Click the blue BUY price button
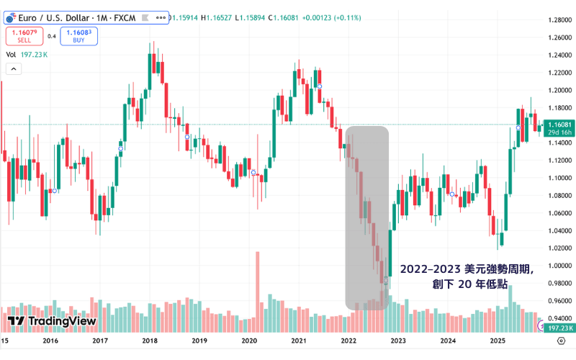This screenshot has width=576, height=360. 78,36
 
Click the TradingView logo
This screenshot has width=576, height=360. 52,321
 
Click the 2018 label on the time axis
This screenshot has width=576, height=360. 150,341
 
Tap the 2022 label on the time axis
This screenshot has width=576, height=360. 348,341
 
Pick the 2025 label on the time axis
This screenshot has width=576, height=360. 496,341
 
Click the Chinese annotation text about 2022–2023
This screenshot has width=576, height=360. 467,276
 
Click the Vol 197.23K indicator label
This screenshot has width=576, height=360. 27,54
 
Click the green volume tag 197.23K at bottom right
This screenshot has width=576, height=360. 559,328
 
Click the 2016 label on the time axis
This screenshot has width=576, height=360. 50,341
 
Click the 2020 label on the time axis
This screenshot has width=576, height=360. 249,341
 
